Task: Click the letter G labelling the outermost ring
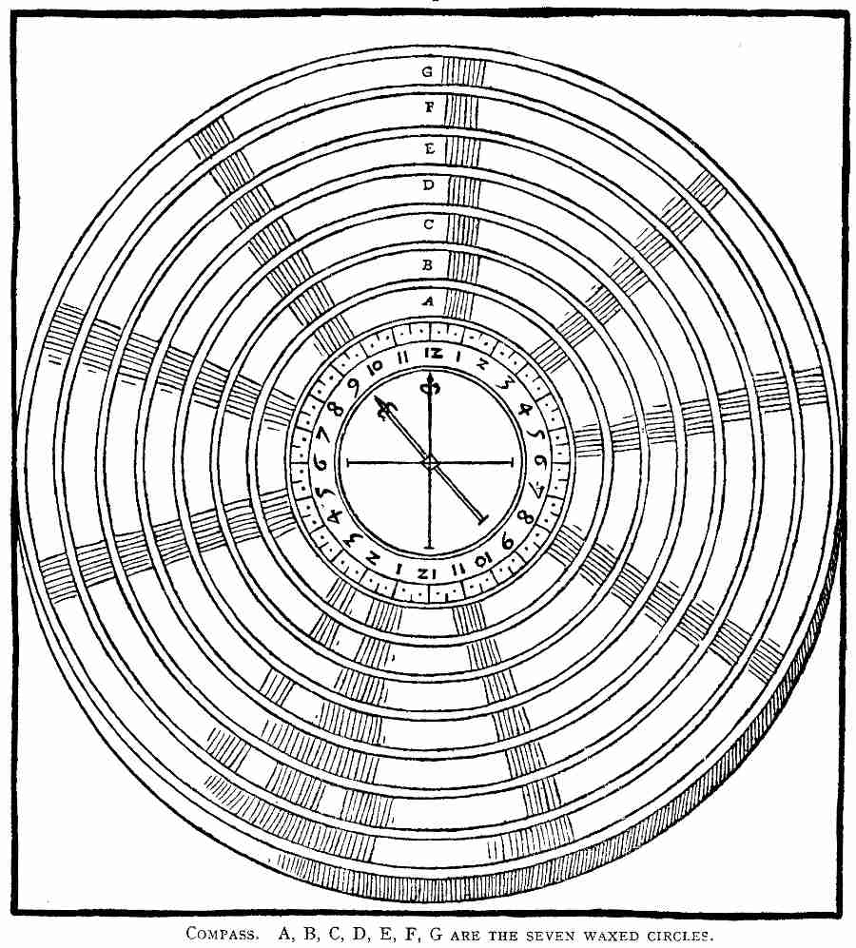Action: point(429,70)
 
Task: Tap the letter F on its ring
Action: point(429,107)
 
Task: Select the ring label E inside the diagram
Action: point(429,147)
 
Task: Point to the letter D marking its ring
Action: point(429,185)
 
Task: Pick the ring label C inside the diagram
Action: point(429,224)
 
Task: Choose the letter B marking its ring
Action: point(429,262)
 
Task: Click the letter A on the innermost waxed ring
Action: point(429,300)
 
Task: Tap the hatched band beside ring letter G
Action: point(465,71)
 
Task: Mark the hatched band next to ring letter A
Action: point(459,304)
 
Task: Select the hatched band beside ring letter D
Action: point(463,186)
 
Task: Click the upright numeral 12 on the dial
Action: point(433,355)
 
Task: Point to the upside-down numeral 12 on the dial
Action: point(426,573)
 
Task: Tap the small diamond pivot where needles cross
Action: point(430,462)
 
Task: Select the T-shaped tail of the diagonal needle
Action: point(478,518)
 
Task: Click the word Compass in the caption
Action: point(221,933)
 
